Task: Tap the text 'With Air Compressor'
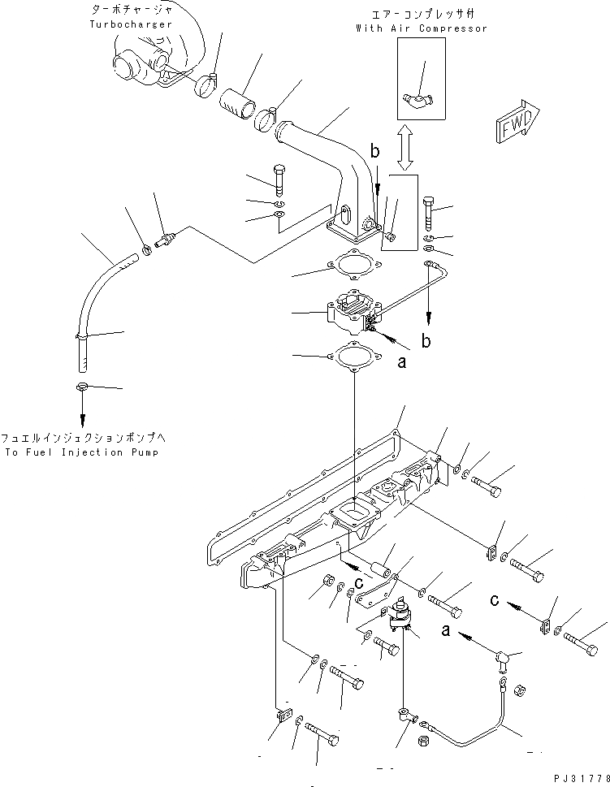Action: (421, 28)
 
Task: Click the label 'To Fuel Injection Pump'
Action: (84, 452)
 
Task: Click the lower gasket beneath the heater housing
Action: (352, 356)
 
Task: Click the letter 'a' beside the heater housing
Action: (400, 363)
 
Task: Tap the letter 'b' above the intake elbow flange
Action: (375, 152)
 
